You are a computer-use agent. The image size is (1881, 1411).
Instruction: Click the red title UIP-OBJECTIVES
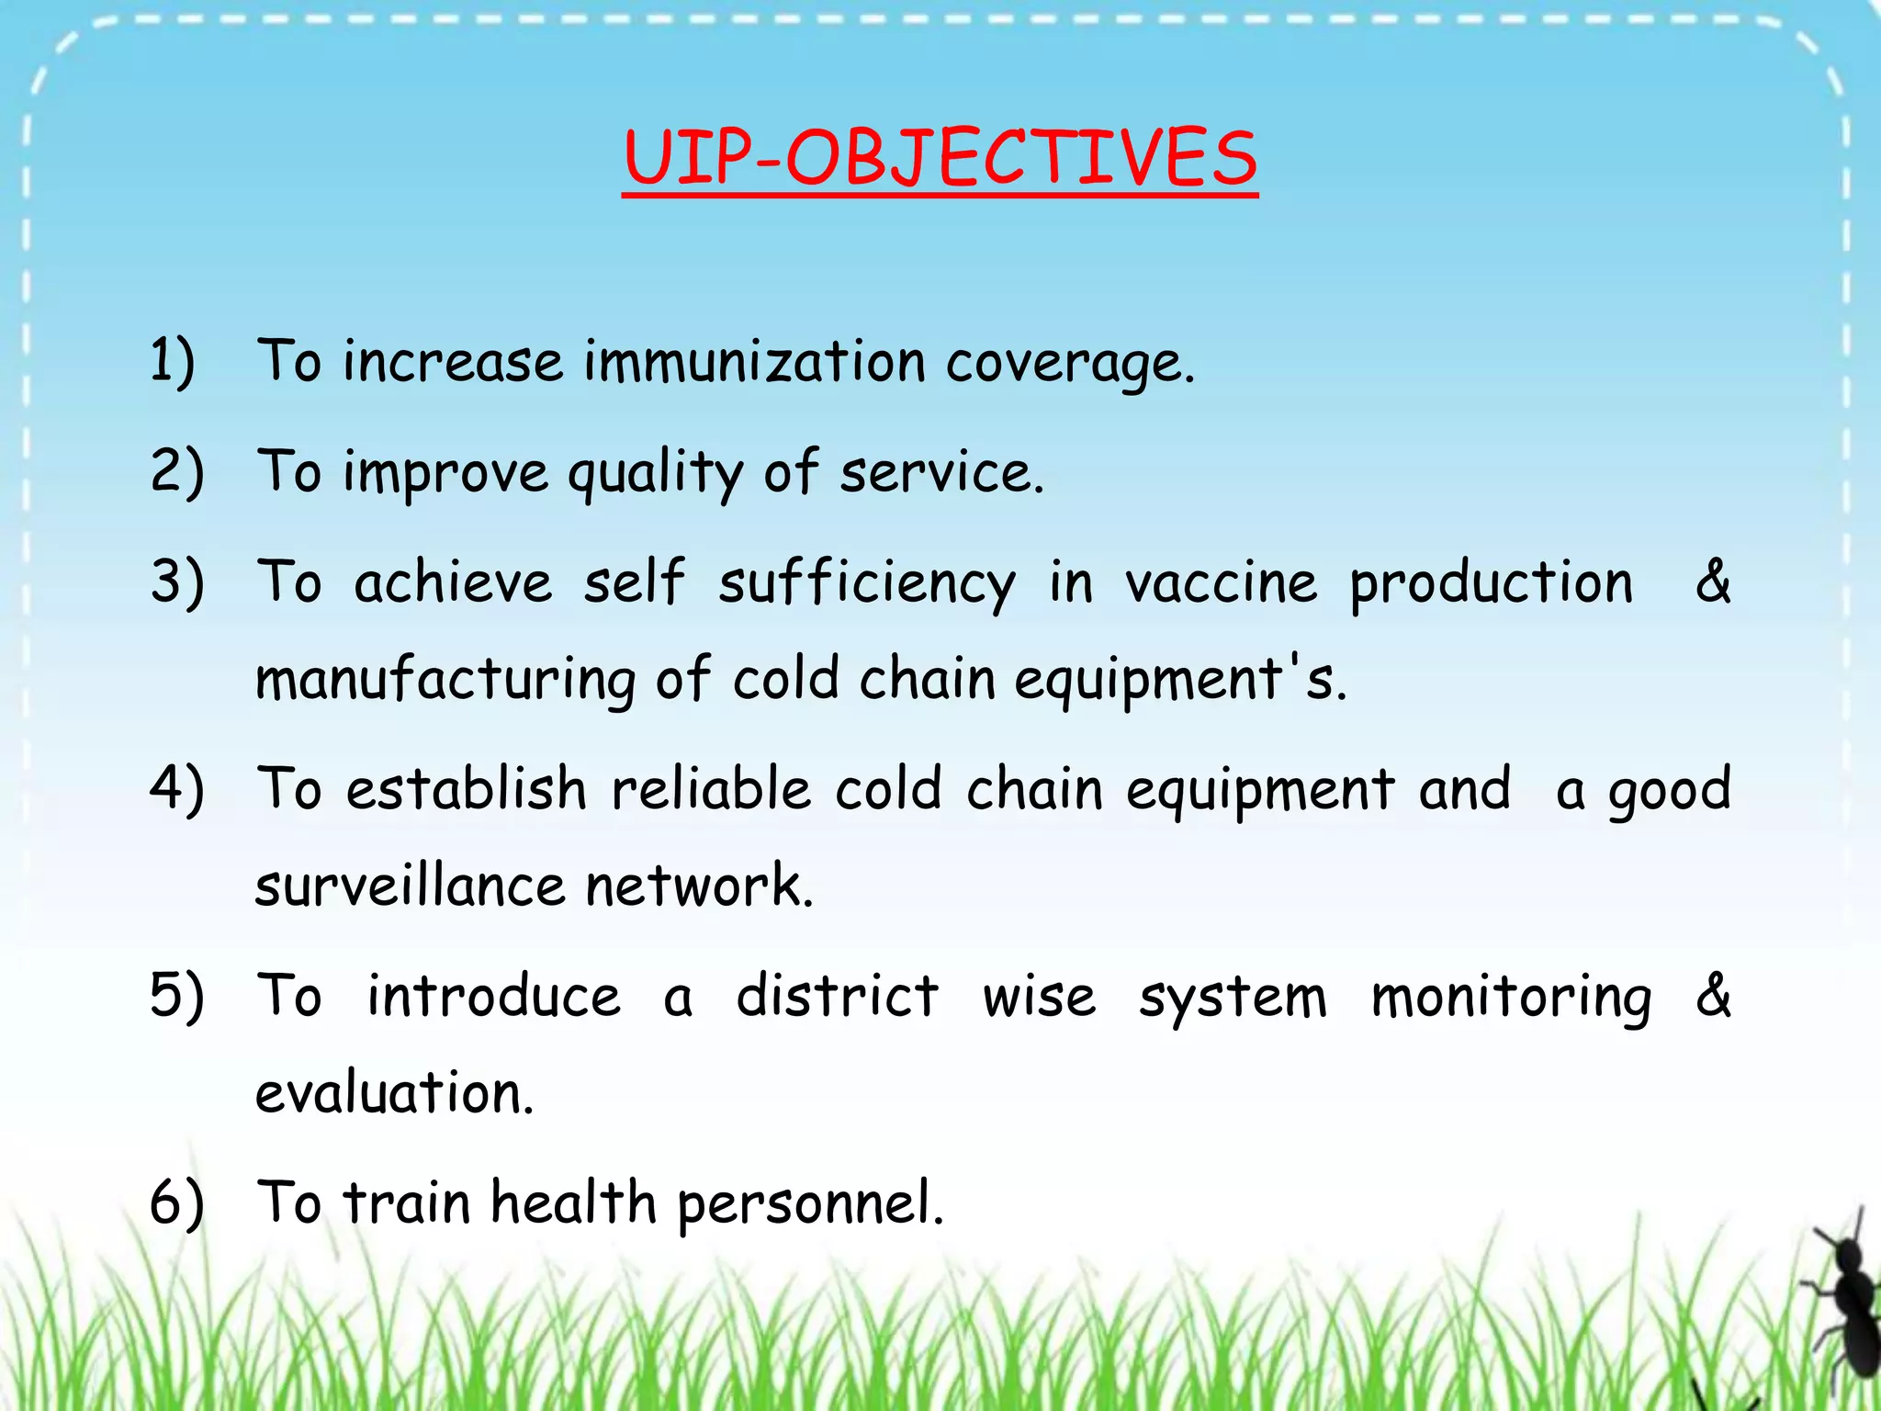tap(940, 158)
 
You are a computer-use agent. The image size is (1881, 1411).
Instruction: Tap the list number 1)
tap(173, 360)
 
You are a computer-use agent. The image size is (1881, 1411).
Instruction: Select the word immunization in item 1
tap(754, 360)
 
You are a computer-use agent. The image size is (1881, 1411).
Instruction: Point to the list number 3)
tap(176, 582)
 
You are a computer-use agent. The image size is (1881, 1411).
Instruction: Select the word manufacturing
tap(445, 681)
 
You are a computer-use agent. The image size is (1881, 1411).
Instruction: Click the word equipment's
tap(1179, 681)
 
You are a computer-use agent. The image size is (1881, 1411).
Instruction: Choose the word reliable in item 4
tap(711, 790)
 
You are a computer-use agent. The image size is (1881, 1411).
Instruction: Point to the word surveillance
tap(410, 886)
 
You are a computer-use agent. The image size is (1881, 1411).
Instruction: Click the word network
tap(698, 886)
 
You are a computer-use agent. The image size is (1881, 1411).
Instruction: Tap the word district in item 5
tap(837, 997)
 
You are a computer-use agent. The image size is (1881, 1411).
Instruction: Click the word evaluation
tap(393, 1093)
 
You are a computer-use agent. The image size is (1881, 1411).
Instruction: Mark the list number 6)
tap(176, 1202)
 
